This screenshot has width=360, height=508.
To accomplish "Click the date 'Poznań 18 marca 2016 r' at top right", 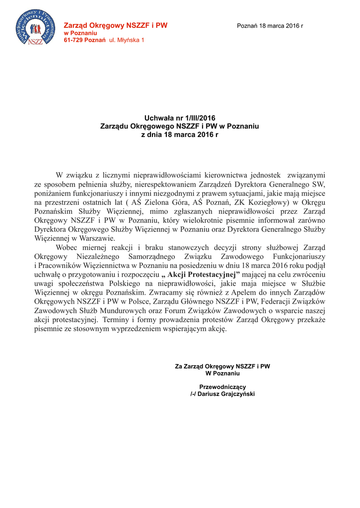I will pyautogui.click(x=270, y=25).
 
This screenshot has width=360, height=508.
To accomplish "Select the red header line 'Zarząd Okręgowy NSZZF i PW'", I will pyautogui.click(x=116, y=25).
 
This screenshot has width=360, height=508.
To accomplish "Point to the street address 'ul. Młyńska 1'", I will pyautogui.click(x=127, y=39).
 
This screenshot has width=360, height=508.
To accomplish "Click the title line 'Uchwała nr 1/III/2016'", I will pyautogui.click(x=180, y=118).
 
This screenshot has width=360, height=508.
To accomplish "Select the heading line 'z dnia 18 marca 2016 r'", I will pyautogui.click(x=180, y=134).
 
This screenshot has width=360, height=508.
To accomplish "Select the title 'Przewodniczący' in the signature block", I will pyautogui.click(x=222, y=386).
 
